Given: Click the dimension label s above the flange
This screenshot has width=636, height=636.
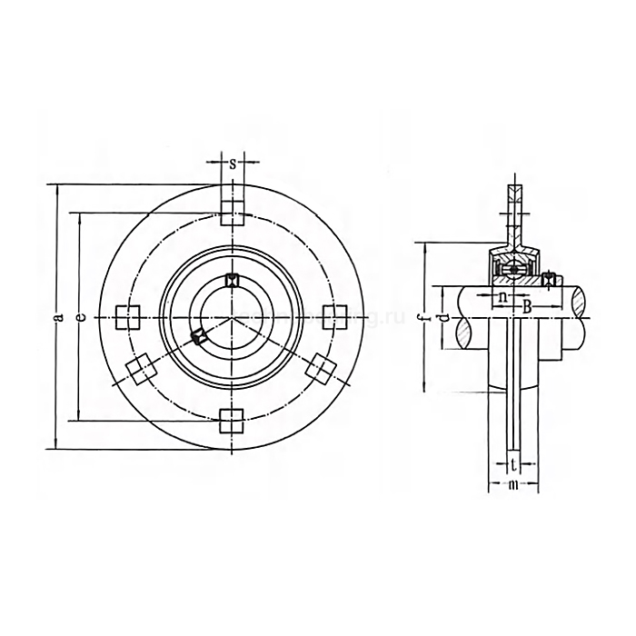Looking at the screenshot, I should coord(233,164).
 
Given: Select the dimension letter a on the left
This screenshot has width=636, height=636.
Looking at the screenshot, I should coord(56,317).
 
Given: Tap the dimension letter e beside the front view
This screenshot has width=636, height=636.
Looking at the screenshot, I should coord(81,317).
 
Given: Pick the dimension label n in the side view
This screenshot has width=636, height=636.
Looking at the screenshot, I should coord(504,297).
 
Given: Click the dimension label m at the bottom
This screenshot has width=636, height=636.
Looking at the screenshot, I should coord(513,486).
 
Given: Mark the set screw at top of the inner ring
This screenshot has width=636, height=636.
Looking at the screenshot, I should coord(232,280).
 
